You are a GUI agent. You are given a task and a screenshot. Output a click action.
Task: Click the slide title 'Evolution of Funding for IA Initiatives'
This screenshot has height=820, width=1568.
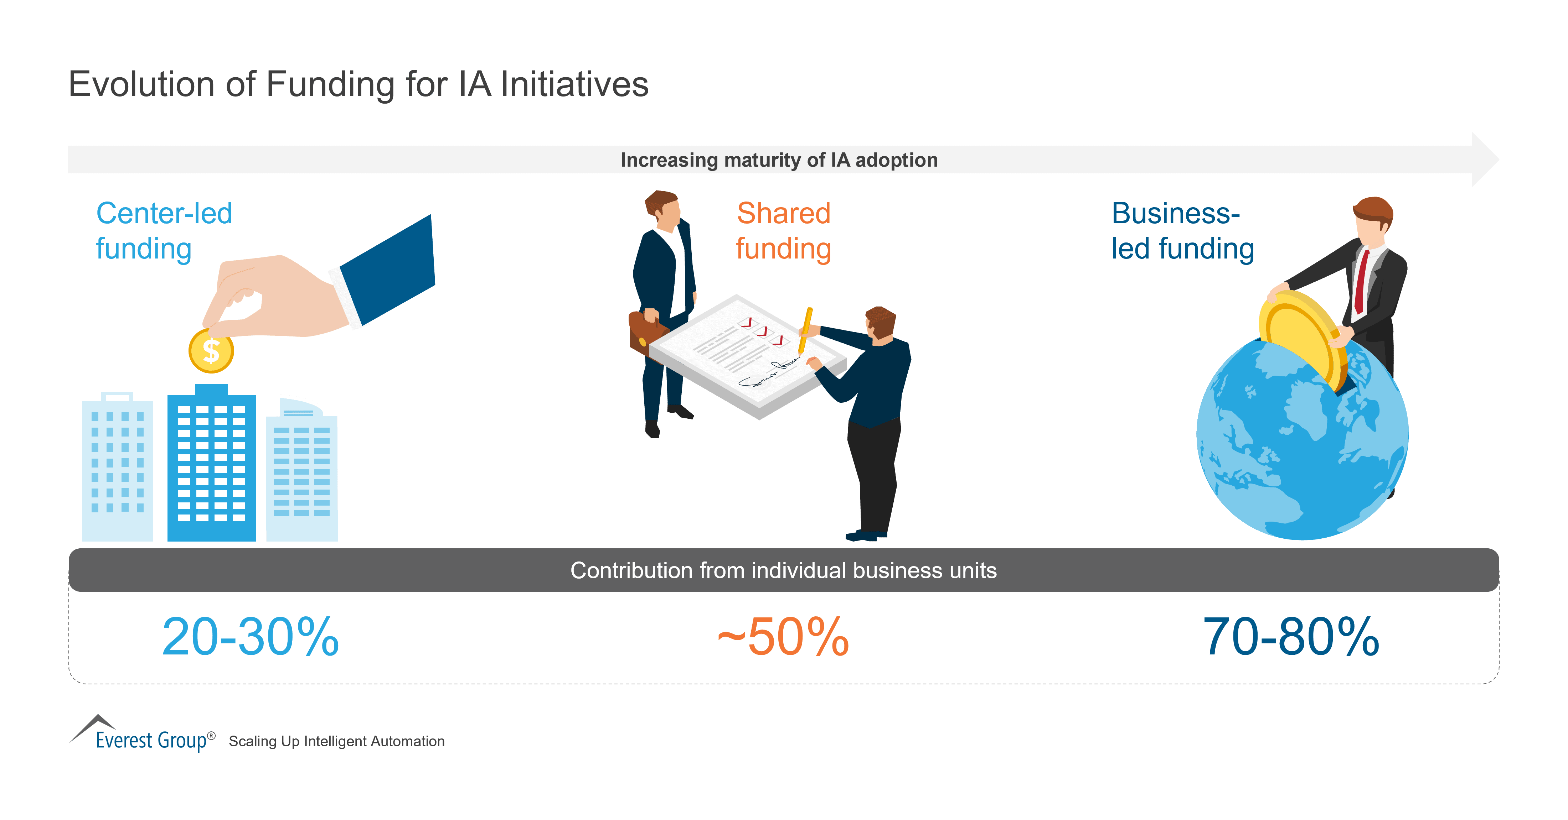pos(358,84)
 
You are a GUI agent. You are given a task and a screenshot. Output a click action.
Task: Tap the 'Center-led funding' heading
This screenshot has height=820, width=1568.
pos(163,231)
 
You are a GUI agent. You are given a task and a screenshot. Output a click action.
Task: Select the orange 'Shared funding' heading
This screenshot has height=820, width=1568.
pos(783,231)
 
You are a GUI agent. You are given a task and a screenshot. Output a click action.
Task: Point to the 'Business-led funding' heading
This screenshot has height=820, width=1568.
pos(1182,231)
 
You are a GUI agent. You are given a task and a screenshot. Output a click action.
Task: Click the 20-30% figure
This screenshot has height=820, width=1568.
pos(250,637)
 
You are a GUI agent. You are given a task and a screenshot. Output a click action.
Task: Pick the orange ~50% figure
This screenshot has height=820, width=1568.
pos(783,637)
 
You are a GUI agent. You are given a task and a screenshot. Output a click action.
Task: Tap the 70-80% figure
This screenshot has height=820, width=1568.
pos(1290,637)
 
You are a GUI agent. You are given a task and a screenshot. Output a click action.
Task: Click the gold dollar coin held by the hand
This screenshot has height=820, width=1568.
pos(211,351)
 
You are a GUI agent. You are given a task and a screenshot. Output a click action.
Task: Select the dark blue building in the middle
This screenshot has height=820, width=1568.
pos(211,465)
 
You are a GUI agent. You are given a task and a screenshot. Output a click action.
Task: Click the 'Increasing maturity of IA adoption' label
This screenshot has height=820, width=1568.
pos(779,160)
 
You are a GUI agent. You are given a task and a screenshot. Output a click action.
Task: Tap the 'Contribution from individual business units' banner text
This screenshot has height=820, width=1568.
pos(783,571)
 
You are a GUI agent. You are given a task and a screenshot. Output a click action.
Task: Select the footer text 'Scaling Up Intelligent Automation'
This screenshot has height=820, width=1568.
pos(337,742)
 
